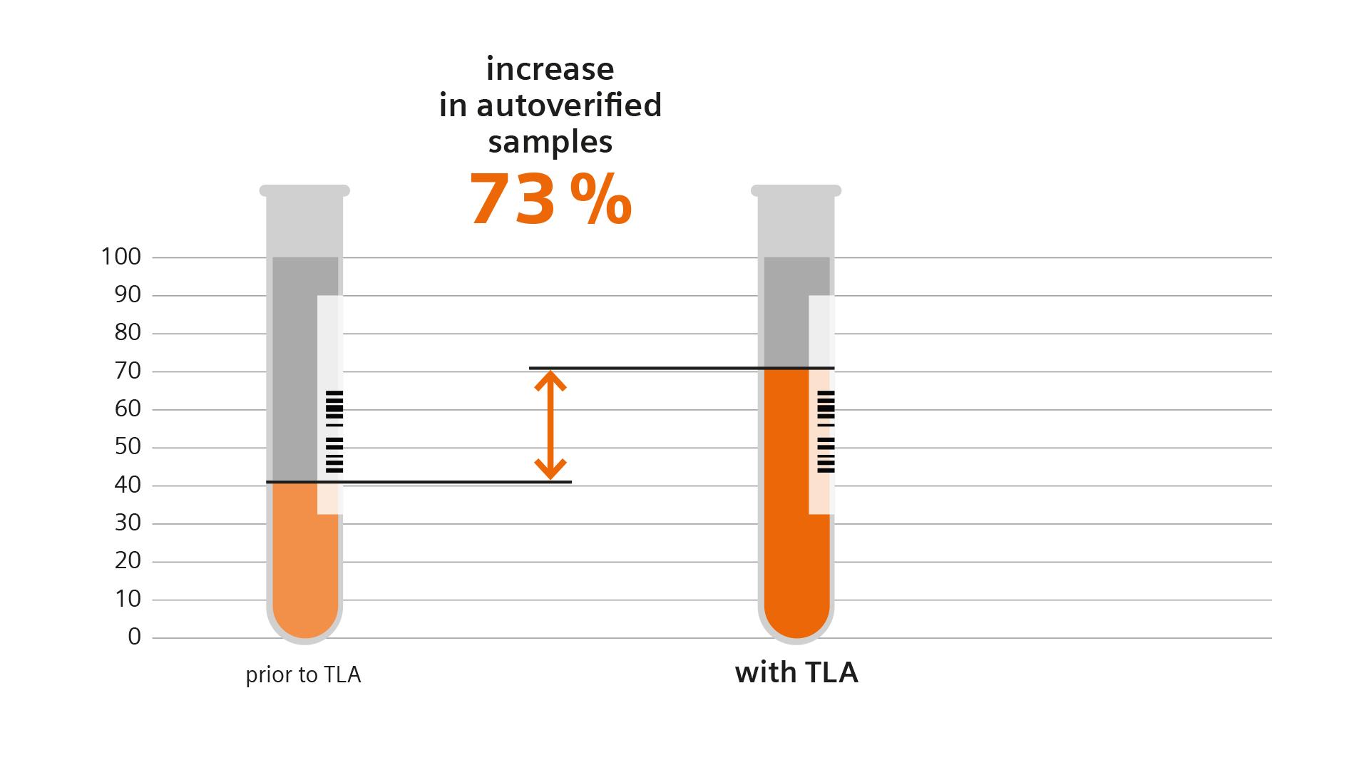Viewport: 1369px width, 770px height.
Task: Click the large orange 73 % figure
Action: [550, 200]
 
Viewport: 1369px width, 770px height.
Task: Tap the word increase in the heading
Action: [550, 69]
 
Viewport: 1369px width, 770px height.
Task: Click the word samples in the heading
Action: [550, 143]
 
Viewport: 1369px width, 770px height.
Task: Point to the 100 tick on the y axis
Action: [121, 257]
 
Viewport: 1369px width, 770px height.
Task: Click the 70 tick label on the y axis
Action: [128, 371]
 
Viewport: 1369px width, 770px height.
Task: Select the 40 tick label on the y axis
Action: [128, 485]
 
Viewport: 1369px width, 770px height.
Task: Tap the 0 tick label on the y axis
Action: [134, 637]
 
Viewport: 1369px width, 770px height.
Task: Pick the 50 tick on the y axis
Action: [128, 447]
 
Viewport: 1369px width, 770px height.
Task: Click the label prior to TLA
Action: [303, 675]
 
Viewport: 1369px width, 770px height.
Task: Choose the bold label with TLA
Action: [796, 673]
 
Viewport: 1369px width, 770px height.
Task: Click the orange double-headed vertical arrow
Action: [550, 426]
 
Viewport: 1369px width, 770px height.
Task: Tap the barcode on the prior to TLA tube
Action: [334, 432]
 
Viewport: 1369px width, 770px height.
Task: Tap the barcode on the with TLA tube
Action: [826, 432]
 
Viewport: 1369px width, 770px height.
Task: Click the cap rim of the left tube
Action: [304, 190]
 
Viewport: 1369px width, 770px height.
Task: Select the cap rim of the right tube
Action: [796, 190]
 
